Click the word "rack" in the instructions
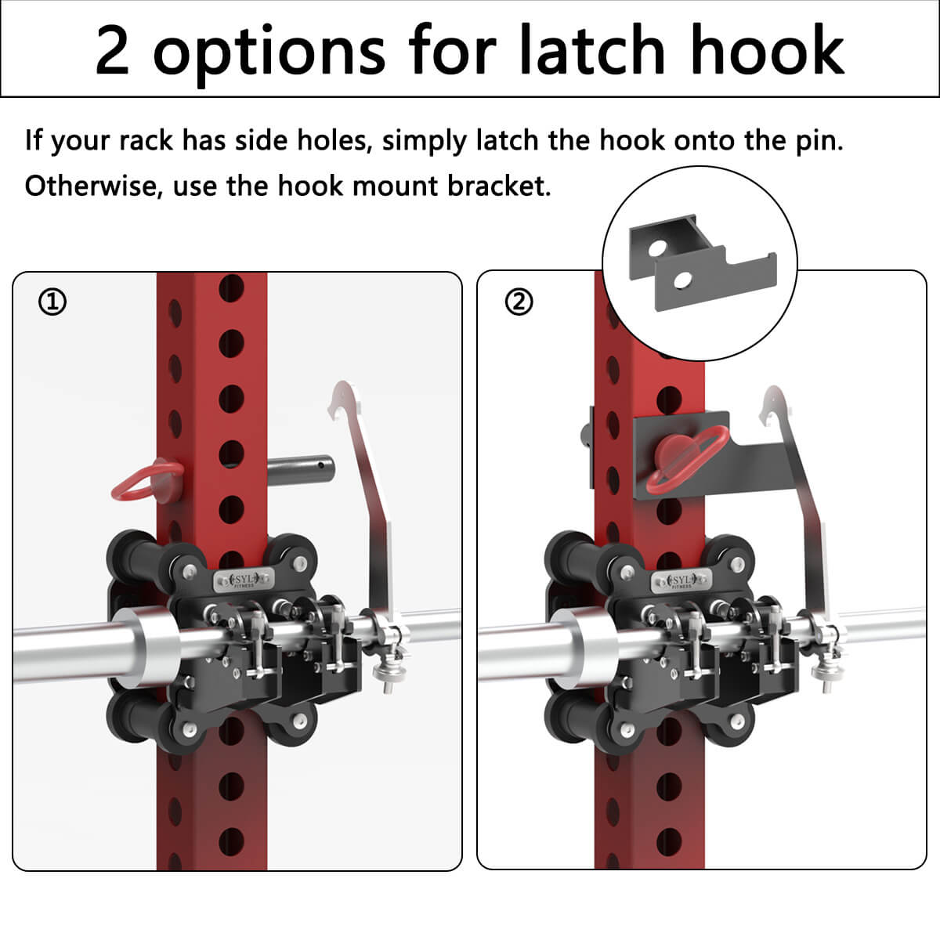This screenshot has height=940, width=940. pos(146,140)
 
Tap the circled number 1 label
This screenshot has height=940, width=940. pos(52,302)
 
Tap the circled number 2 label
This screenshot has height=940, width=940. pos(519,302)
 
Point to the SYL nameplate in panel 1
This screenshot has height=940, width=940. pos(244,580)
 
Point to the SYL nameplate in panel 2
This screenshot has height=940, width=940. pos(681,580)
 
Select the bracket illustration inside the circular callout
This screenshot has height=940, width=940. pos(703,262)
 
